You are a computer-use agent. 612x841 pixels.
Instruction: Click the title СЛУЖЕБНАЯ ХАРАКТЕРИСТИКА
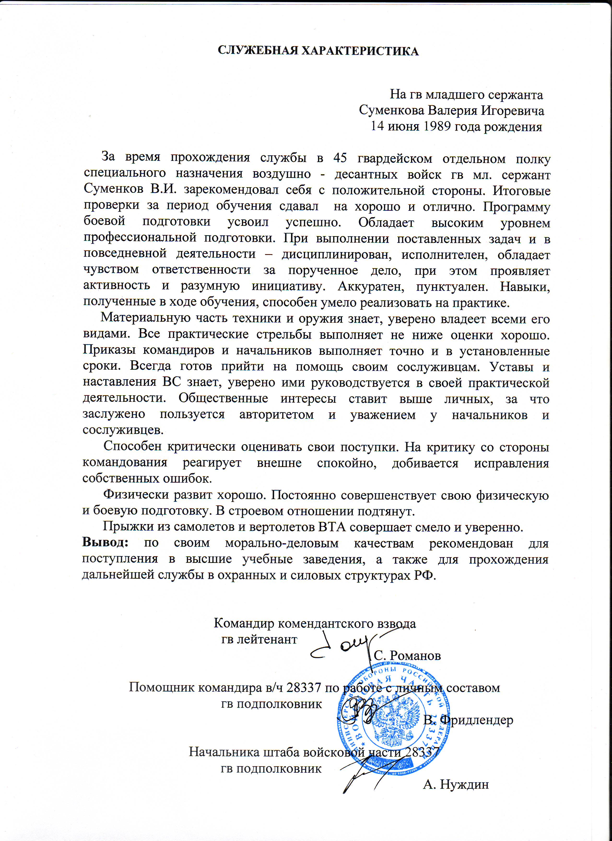[x=318, y=51]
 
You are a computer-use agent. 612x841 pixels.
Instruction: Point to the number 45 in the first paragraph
[x=340, y=158]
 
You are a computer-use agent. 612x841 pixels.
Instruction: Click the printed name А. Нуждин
[x=456, y=784]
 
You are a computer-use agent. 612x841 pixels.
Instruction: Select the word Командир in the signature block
[x=244, y=623]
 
